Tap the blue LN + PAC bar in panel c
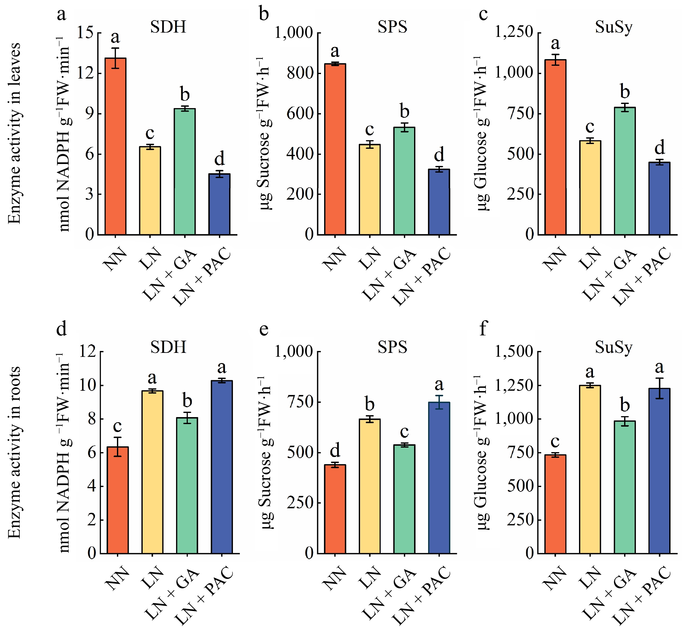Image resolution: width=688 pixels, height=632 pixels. tap(659, 198)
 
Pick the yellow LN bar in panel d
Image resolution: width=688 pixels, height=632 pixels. tap(153, 472)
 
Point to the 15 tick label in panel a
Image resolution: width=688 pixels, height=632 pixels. tap(85, 33)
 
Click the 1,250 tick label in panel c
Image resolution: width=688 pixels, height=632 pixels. tap(514, 32)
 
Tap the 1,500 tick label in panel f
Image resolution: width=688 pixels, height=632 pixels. tap(514, 352)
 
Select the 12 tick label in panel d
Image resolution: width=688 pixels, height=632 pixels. tap(87, 352)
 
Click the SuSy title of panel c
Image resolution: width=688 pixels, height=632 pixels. tap(614, 27)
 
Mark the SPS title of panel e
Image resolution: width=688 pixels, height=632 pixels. tap(392, 347)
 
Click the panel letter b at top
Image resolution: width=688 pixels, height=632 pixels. tap(264, 14)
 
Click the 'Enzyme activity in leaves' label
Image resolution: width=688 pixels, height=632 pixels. tap(14, 134)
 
